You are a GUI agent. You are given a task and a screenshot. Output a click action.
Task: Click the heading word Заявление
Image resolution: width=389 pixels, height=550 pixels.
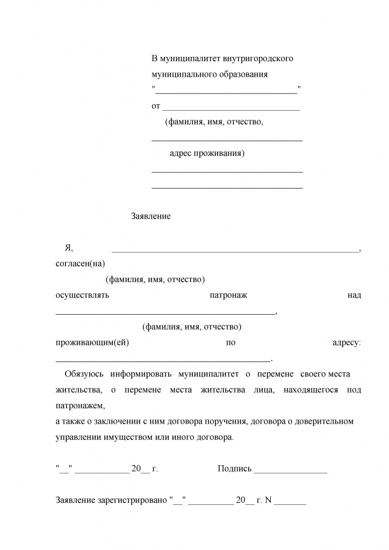pos(150,216)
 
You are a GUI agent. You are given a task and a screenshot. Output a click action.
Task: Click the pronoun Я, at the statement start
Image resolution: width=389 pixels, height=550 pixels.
pos(68,248)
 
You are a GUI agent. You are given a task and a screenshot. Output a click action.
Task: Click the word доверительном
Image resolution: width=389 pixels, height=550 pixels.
pos(321,421)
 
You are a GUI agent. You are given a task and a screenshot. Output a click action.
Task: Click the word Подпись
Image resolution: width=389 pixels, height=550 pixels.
pos(234,469)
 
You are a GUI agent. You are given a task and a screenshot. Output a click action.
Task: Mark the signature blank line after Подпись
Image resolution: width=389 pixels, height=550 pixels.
pos(291,471)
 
